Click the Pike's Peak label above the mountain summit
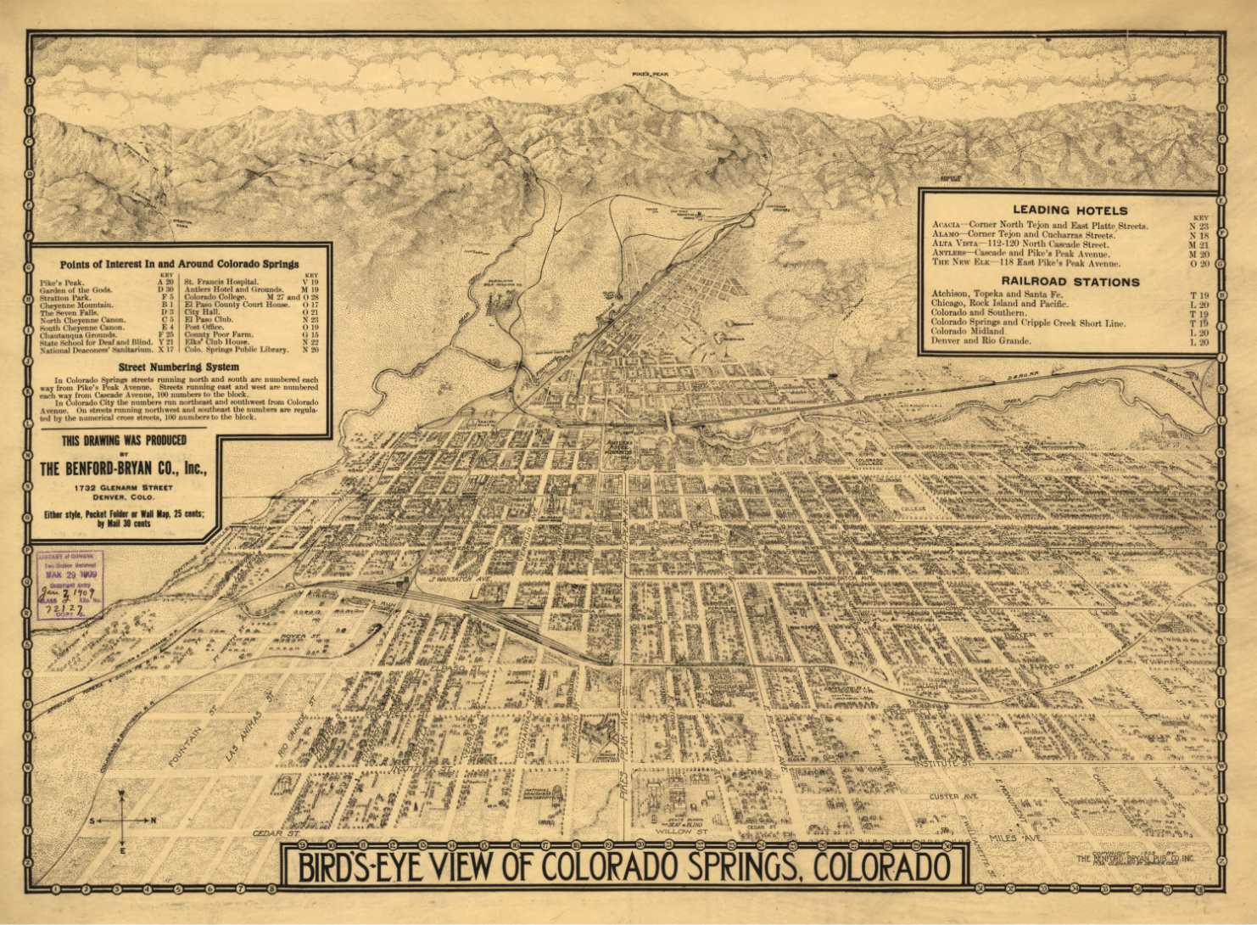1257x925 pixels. click(650, 75)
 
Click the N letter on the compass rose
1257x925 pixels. click(153, 821)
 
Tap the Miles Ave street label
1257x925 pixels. click(1020, 838)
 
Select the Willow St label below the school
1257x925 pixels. click(682, 832)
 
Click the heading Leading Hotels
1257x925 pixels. click(1070, 210)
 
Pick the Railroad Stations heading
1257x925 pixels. click(1070, 281)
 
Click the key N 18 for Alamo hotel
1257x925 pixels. click(1198, 235)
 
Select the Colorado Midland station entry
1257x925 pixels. click(967, 332)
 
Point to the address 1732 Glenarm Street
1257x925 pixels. click(123, 488)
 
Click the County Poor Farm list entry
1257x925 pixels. click(219, 334)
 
